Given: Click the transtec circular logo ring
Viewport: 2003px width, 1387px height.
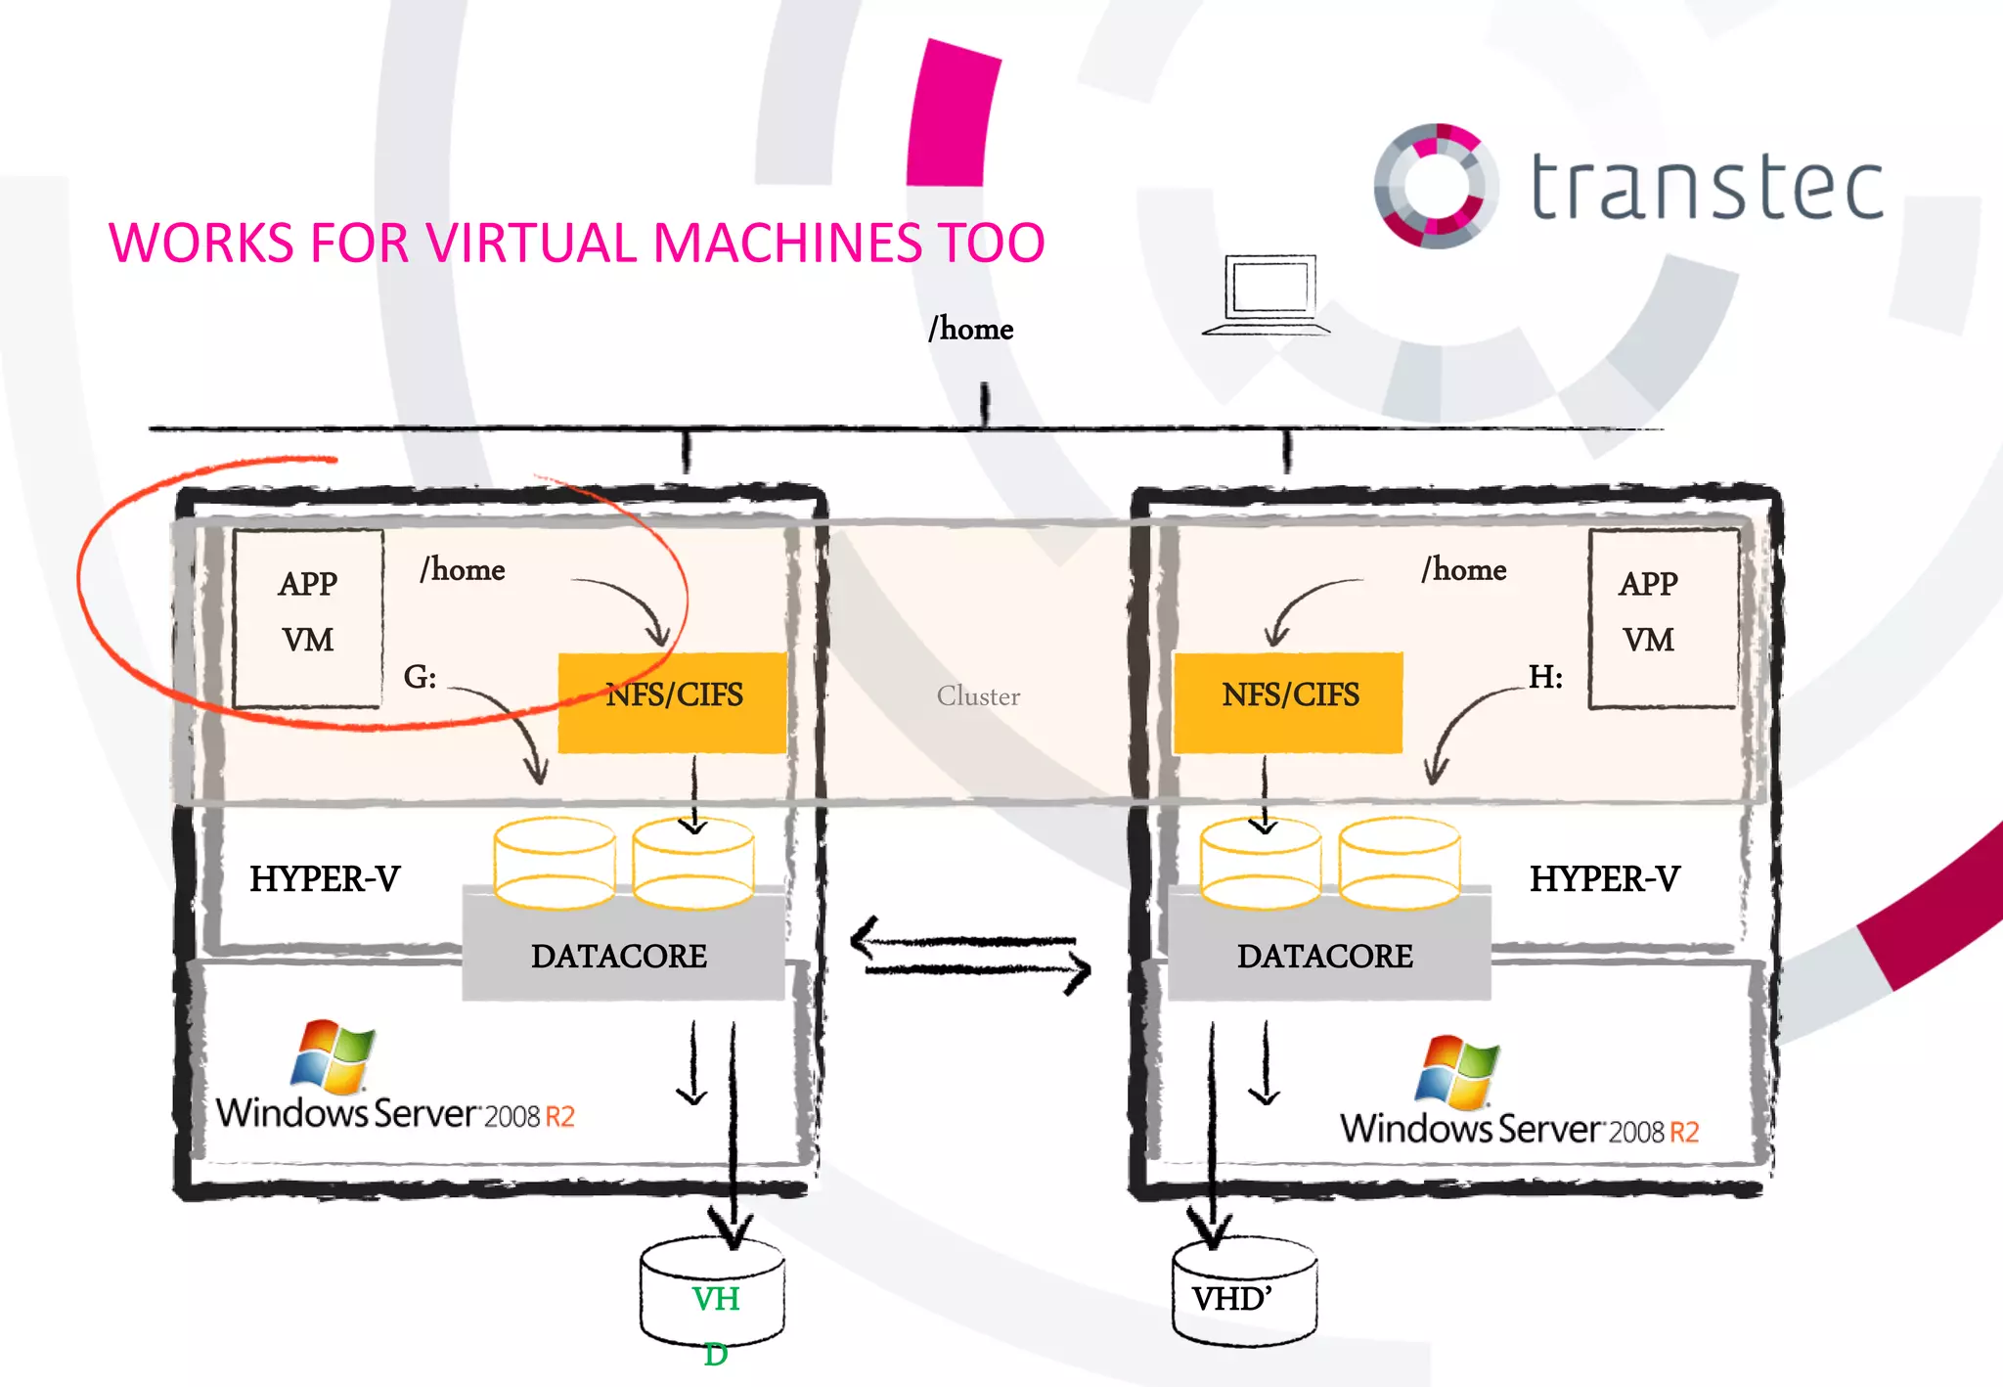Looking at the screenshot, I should click(1435, 186).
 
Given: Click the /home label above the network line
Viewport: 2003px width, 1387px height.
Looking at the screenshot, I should click(970, 329).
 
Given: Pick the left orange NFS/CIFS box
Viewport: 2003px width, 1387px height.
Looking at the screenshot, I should click(673, 702).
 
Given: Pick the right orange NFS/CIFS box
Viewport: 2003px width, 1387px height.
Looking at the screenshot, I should click(1288, 702).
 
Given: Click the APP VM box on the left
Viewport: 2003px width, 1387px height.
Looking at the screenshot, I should click(308, 616).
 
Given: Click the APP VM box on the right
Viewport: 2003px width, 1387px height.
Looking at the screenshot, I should click(1662, 616).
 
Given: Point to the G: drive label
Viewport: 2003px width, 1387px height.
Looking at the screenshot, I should click(421, 676).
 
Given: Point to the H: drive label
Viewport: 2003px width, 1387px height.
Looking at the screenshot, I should click(1545, 676).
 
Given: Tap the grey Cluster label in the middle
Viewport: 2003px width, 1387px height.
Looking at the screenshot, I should click(978, 695).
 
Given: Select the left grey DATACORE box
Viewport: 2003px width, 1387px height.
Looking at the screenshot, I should click(621, 954).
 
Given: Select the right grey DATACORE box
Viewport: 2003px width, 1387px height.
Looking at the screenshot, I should click(1327, 954).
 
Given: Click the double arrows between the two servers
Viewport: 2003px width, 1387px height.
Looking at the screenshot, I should click(970, 955).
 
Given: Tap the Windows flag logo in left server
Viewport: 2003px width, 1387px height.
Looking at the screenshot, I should click(333, 1056).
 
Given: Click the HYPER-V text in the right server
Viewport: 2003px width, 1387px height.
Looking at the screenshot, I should click(1604, 878).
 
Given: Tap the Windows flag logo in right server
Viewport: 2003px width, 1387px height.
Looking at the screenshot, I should click(1457, 1072).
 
